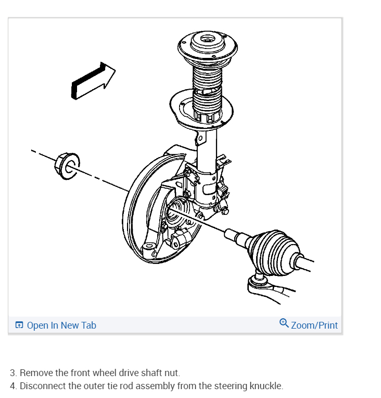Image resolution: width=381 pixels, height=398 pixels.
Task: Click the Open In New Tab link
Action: coord(61,325)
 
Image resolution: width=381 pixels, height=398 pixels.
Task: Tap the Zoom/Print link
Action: coord(314,325)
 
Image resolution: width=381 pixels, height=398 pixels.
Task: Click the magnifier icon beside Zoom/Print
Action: coord(284,323)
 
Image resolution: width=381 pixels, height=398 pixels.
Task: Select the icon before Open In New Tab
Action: coord(19,325)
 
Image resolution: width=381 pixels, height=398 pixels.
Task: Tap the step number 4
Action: coord(12,386)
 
